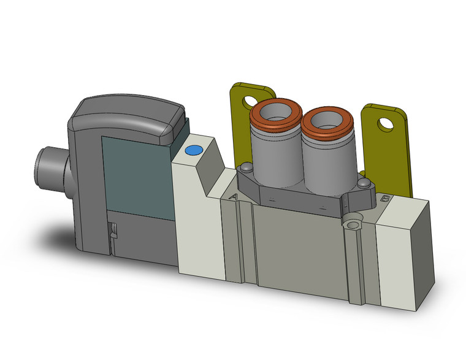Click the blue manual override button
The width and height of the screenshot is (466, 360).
pos(194,150)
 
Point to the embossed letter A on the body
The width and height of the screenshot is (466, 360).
pos(233,196)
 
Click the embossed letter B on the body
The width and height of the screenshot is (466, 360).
pos(385,199)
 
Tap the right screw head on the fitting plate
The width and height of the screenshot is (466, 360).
pos(364,184)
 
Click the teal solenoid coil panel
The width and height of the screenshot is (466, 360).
pos(134,169)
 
